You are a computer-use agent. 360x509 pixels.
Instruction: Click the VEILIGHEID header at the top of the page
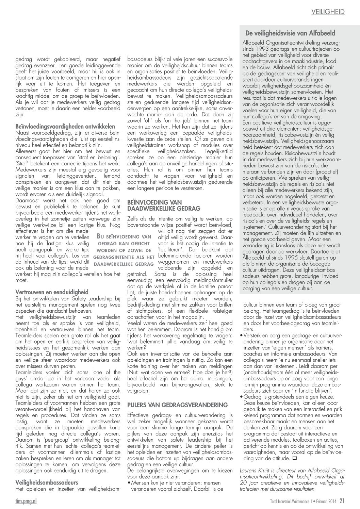pos(328,12)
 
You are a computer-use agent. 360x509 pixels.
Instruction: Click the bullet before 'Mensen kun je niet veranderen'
pos(129,483)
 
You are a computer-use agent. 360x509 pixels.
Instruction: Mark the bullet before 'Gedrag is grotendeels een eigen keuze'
pos(241,397)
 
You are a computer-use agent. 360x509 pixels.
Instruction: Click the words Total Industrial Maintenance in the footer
pos(288,501)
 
